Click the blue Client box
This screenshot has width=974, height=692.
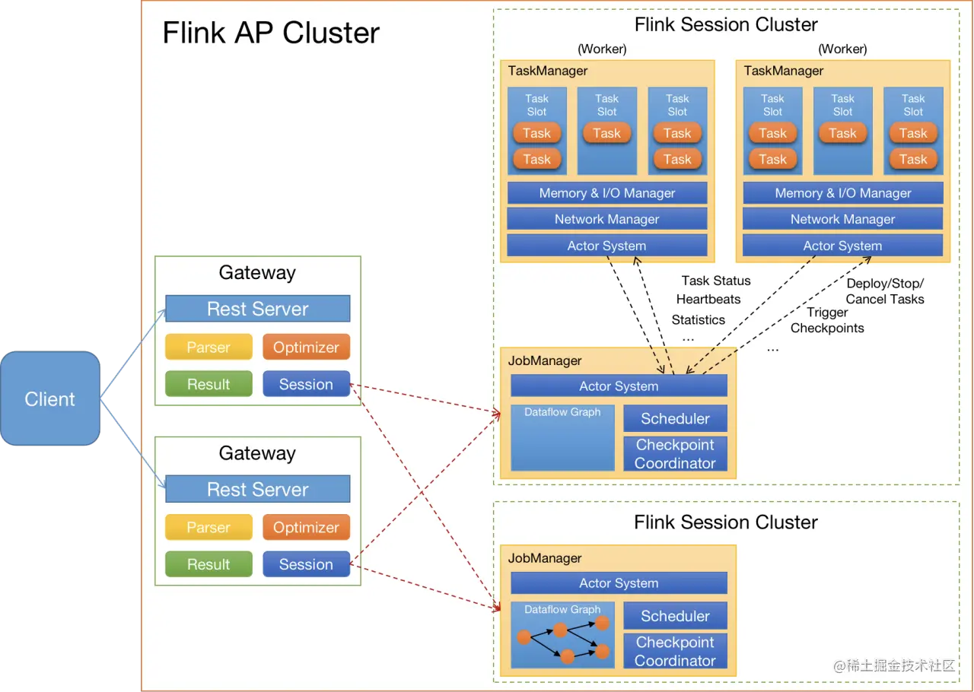(50, 398)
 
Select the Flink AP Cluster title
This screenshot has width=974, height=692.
(271, 33)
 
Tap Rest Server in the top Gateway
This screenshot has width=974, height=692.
(257, 309)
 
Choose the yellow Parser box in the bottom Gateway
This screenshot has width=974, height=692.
(208, 527)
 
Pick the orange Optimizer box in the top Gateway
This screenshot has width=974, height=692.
(306, 347)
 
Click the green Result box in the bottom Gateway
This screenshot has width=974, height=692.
(208, 564)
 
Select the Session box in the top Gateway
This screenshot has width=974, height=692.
(306, 384)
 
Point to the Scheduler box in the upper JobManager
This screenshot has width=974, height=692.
(675, 418)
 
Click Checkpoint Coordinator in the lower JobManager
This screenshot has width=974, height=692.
(675, 651)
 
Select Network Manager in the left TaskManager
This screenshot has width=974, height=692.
(606, 219)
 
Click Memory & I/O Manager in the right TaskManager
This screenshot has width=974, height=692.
(842, 193)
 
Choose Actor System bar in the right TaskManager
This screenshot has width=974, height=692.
(842, 246)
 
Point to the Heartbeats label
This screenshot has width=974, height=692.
(708, 300)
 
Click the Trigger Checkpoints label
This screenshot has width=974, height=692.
(827, 320)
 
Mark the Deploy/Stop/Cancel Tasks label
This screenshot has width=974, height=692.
(885, 291)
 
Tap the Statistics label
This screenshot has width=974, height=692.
(698, 320)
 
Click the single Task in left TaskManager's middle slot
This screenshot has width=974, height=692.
(606, 133)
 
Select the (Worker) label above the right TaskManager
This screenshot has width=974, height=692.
(842, 49)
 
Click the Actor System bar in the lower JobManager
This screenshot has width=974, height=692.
(619, 583)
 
